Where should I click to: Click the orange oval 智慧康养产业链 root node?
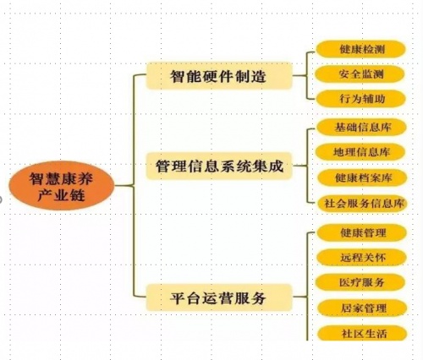pyautogui.click(x=62, y=186)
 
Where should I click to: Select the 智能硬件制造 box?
pyautogui.click(x=219, y=76)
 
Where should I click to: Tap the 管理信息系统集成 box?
pyautogui.click(x=219, y=166)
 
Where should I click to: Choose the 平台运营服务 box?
pyautogui.click(x=219, y=297)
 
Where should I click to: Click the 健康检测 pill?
pyautogui.click(x=361, y=49)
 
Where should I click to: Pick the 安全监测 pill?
pyautogui.click(x=360, y=74)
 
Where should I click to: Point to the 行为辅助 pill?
pyautogui.click(x=361, y=99)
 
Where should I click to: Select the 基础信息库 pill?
pyautogui.click(x=361, y=128)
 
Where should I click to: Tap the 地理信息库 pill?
pyautogui.click(x=360, y=152)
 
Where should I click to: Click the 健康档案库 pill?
pyautogui.click(x=363, y=177)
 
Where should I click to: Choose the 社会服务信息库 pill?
pyautogui.click(x=363, y=203)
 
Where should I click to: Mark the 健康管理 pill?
pyautogui.click(x=362, y=232)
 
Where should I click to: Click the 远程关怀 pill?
pyautogui.click(x=362, y=257)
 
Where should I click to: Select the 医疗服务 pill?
pyautogui.click(x=361, y=282)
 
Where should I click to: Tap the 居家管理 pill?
pyautogui.click(x=363, y=308)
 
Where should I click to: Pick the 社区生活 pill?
pyautogui.click(x=363, y=333)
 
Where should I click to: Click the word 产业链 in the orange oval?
pyautogui.click(x=62, y=195)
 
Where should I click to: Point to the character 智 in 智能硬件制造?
pyautogui.click(x=178, y=76)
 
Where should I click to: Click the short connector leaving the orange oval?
pyautogui.click(x=124, y=185)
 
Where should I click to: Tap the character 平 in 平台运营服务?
pyautogui.click(x=178, y=298)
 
